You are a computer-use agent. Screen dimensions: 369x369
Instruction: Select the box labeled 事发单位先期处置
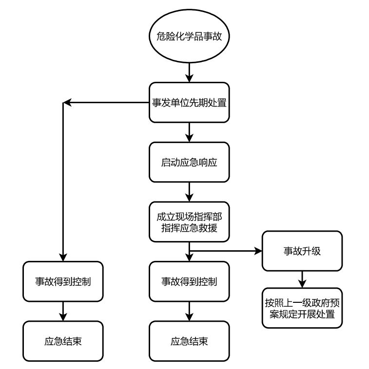pyautogui.click(x=189, y=103)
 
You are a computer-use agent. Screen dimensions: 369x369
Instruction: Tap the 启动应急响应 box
pyautogui.click(x=189, y=162)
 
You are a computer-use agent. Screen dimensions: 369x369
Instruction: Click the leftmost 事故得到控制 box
pyautogui.click(x=63, y=281)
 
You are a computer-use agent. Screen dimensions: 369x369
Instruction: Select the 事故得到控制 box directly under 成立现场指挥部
pyautogui.click(x=189, y=281)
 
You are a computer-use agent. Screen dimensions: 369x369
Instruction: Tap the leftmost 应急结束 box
pyautogui.click(x=63, y=341)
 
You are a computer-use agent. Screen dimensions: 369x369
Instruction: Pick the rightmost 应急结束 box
pyautogui.click(x=189, y=341)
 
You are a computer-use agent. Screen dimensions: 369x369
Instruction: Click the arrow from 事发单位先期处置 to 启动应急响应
pyautogui.click(x=189, y=132)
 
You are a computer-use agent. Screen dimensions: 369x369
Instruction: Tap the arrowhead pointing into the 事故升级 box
pyautogui.click(x=258, y=251)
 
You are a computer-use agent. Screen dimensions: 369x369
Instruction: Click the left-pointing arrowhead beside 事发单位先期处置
pyautogui.click(x=67, y=103)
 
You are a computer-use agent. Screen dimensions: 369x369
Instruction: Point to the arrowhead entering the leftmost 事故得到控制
pyautogui.click(x=63, y=258)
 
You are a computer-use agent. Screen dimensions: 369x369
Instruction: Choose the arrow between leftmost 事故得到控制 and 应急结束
pyautogui.click(x=63, y=311)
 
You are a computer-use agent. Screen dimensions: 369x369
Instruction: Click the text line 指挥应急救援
pyautogui.click(x=189, y=227)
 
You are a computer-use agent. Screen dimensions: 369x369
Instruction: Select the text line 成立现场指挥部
pyautogui.click(x=189, y=215)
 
